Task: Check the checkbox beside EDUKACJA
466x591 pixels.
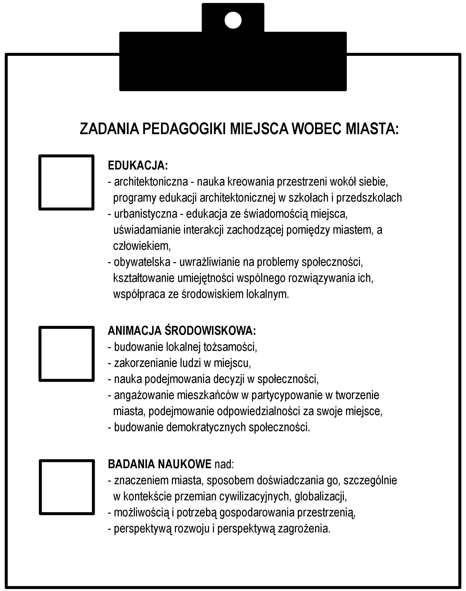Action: click(x=66, y=182)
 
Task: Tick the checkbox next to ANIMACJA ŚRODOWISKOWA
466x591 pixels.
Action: click(x=66, y=354)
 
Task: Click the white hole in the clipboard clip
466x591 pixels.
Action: click(x=233, y=21)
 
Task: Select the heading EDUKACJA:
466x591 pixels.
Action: click(x=138, y=165)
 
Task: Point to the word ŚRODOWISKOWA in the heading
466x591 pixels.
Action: click(x=210, y=331)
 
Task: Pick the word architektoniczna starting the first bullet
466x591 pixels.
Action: click(x=151, y=182)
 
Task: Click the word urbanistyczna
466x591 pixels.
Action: click(x=146, y=214)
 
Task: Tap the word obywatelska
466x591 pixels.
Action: click(x=142, y=262)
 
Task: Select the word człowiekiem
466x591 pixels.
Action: click(x=141, y=246)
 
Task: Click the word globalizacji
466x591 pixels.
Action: click(x=321, y=496)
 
